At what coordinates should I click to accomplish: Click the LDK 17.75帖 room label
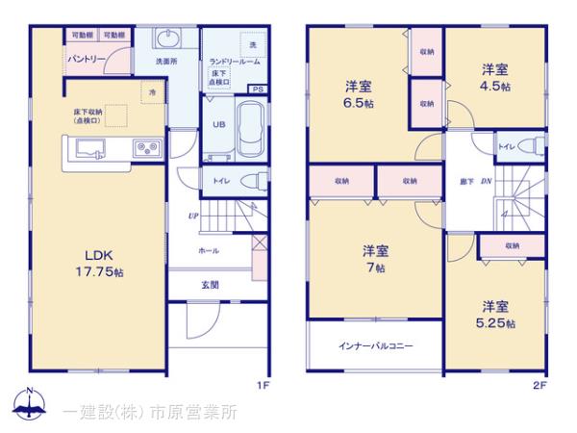coord(99,261)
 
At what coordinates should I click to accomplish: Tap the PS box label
coord(256,89)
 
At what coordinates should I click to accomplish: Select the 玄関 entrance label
coord(211,285)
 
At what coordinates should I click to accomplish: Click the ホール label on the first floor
coord(209,250)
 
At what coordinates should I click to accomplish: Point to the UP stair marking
coord(193,216)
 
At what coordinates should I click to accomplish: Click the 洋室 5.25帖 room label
coord(496,315)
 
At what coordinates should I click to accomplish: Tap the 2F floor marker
coord(539,386)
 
